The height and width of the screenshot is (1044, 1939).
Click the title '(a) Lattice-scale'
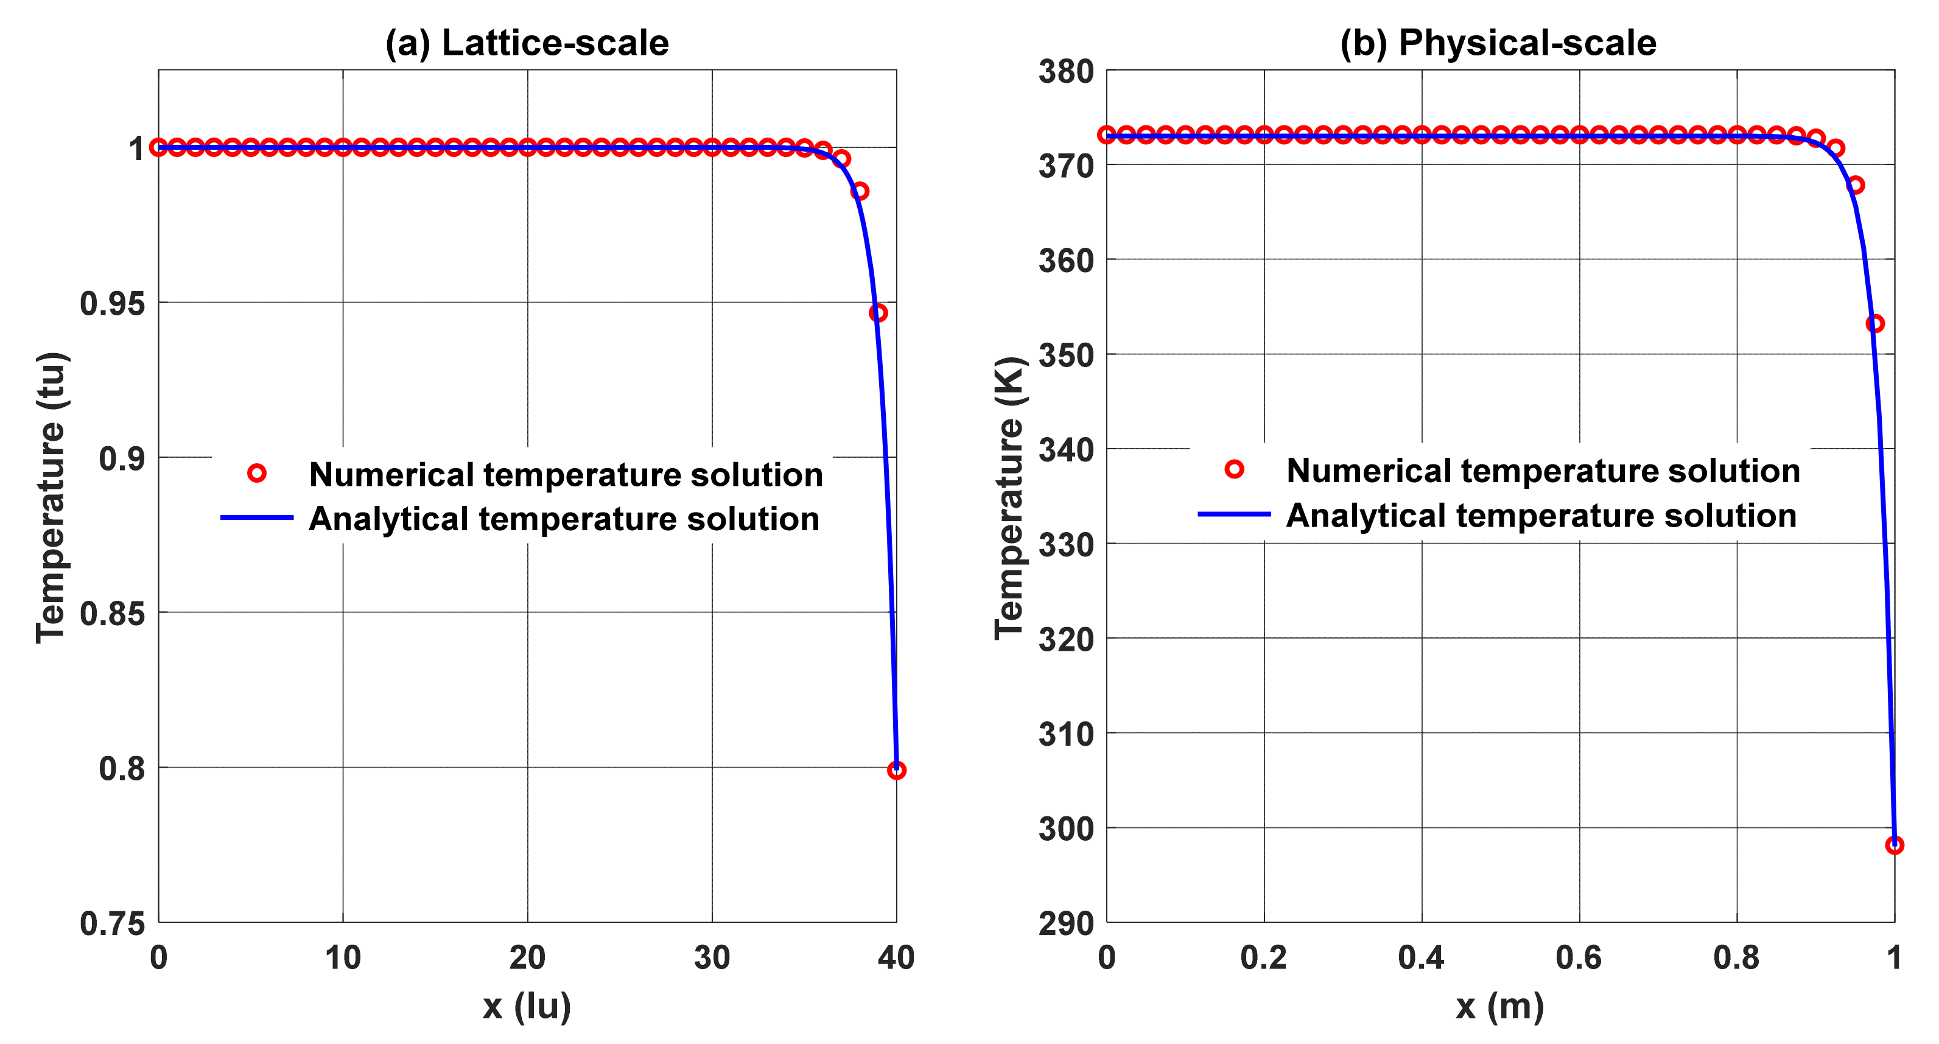coord(527,43)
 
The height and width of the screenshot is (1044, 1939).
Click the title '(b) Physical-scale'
coord(1498,43)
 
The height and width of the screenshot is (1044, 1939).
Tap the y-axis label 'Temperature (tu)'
coord(52,497)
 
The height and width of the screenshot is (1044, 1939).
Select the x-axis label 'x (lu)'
coord(527,1006)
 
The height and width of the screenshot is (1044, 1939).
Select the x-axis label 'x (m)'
coord(1499,1006)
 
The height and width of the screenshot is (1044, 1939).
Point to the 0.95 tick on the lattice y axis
coord(112,303)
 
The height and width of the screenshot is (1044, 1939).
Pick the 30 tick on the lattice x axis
coord(711,958)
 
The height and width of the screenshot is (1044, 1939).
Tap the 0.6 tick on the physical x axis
coord(1579,958)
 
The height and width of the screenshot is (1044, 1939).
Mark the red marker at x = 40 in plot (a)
coord(896,770)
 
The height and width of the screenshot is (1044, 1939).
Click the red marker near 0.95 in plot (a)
coord(878,312)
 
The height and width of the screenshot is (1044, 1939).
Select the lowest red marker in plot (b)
coord(1894,846)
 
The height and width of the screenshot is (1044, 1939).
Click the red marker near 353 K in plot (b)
coord(1874,324)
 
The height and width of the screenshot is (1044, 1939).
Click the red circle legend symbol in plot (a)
coord(257,474)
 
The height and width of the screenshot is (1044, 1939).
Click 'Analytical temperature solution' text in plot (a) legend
coord(564,519)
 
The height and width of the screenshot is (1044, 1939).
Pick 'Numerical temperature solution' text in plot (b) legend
coord(1543,471)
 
